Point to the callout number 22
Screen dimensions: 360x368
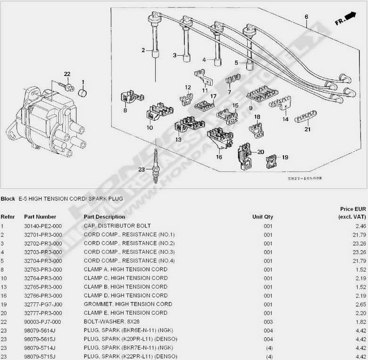(x=67, y=75)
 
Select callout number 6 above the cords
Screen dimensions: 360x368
(x=306, y=17)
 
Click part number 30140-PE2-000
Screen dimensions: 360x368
(x=43, y=226)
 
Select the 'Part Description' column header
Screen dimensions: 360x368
(x=104, y=217)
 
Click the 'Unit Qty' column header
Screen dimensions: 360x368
(x=263, y=217)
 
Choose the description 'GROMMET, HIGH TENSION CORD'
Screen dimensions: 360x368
(x=128, y=304)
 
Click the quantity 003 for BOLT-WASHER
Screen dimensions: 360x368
(x=268, y=321)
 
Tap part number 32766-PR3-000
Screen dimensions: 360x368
(x=43, y=295)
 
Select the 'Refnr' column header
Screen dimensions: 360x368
(x=8, y=217)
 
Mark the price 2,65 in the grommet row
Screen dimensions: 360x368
(x=361, y=304)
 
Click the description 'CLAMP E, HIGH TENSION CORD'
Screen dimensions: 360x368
(x=125, y=313)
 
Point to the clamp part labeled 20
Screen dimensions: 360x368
(x=244, y=154)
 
